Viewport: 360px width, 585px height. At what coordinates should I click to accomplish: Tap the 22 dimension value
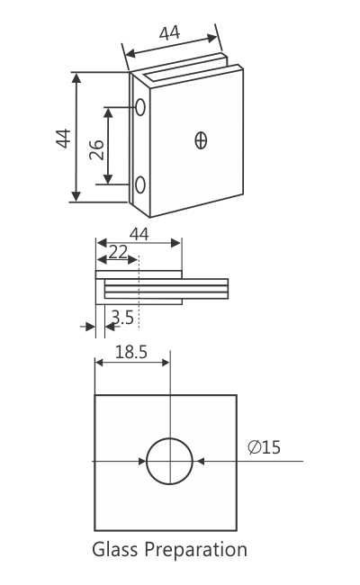(118, 254)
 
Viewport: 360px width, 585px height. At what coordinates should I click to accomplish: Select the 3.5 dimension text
(123, 317)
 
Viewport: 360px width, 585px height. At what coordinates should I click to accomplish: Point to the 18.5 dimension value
(131, 352)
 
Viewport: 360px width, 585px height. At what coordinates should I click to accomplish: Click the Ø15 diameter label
(263, 446)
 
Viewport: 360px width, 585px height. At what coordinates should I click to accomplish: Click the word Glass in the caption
(115, 549)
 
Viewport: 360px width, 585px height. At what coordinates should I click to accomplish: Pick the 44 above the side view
(139, 234)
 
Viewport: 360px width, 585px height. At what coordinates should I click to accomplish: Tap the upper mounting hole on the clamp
(141, 107)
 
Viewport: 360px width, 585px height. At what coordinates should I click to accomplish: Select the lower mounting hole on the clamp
(141, 185)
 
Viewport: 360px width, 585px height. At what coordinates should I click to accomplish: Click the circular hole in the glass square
(170, 461)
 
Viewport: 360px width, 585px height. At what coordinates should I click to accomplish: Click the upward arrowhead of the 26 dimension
(110, 112)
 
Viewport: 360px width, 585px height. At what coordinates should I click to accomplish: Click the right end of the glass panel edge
(227, 289)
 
